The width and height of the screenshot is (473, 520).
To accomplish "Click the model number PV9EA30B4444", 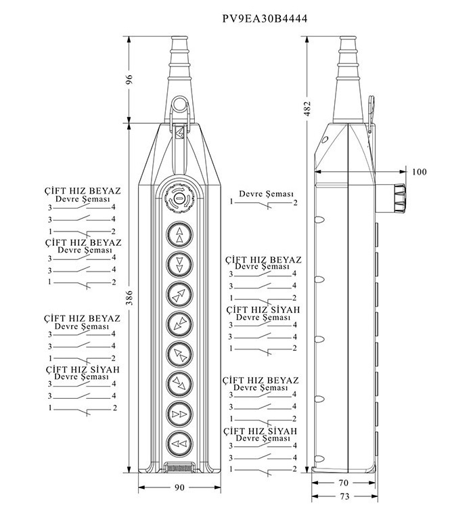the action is (265, 18).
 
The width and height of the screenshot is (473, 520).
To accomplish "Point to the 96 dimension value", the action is (129, 80).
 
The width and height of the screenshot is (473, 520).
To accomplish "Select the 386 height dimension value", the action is (129, 298).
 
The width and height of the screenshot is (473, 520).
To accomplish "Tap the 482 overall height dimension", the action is (307, 108).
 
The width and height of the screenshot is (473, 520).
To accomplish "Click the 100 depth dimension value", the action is (420, 172).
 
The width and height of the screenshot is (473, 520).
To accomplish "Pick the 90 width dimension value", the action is (179, 487).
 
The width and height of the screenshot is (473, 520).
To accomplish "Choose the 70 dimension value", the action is (344, 483).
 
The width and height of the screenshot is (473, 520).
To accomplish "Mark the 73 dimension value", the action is (344, 496).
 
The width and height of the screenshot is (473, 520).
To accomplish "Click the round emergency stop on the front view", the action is (179, 198).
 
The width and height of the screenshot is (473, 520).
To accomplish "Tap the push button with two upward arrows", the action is (179, 234).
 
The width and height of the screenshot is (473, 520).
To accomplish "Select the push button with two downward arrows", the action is (179, 264).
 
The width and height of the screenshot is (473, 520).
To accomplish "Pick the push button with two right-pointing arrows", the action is (179, 414).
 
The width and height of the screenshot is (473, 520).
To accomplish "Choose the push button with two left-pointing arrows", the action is (179, 443).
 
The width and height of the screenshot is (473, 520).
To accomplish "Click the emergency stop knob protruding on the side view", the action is (399, 198).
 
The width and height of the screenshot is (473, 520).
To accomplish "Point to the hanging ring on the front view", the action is (179, 104).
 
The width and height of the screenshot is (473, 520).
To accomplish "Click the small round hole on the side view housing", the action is (325, 139).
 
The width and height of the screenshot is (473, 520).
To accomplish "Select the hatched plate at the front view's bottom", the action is (179, 469).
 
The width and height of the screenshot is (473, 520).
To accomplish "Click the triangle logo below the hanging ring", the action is (179, 133).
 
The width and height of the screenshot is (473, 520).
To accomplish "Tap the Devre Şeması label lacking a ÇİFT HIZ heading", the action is (266, 194).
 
